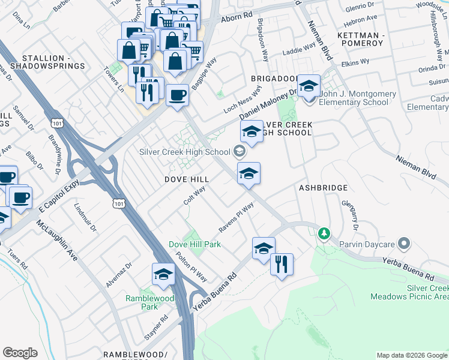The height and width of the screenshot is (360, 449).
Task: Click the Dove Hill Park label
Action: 194,244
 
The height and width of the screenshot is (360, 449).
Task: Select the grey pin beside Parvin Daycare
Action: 404,244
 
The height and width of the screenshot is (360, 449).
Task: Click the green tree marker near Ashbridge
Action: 324,233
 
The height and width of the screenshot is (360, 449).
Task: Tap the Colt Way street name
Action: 194,194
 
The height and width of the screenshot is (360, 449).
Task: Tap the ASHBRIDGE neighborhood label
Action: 323,188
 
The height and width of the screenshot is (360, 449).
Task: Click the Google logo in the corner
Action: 20,352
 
